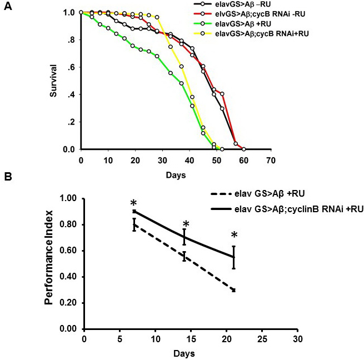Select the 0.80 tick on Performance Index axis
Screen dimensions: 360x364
68,224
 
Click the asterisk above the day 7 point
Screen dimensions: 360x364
133,203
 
